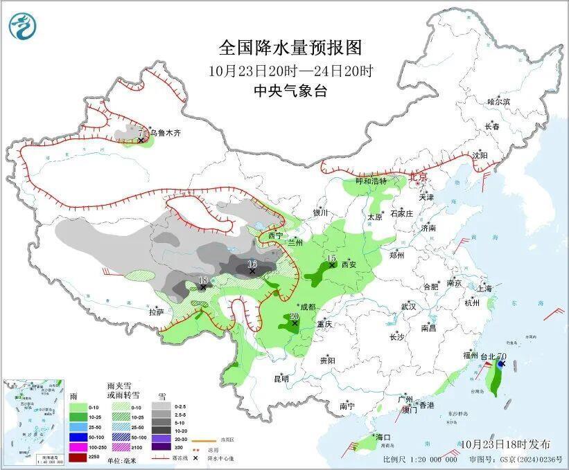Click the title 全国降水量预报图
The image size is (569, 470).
290,48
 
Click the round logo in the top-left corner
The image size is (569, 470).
21,26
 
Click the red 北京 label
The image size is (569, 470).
418,177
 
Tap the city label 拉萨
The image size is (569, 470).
156,312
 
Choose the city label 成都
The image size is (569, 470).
307,307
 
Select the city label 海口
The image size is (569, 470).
383,437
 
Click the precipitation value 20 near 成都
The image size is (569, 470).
294,316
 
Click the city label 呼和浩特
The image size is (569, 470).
371,181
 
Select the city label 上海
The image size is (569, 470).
485,288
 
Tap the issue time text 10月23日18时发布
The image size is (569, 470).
505,443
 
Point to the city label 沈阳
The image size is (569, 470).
482,156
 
